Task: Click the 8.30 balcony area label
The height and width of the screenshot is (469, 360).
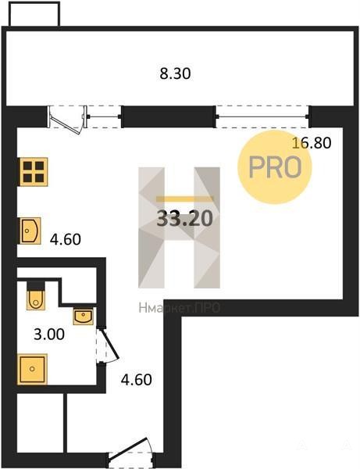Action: [175, 73]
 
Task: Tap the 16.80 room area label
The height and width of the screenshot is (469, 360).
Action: [312, 143]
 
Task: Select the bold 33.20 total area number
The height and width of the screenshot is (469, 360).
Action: [184, 218]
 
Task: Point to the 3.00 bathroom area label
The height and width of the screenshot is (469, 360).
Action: [49, 334]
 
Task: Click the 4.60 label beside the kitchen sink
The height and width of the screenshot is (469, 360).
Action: [66, 239]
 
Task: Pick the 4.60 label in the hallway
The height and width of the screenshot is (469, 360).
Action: [136, 380]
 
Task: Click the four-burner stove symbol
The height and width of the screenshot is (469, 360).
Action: [33, 172]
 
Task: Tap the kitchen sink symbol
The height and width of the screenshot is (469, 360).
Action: [30, 231]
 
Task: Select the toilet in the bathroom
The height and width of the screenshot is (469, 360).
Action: [36, 295]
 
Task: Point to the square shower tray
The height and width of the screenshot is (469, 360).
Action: [32, 369]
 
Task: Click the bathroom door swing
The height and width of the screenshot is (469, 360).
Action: [108, 345]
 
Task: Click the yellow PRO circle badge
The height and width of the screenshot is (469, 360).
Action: [275, 167]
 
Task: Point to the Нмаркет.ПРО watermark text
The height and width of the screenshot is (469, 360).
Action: [180, 308]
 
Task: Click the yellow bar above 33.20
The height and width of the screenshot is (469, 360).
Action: [184, 199]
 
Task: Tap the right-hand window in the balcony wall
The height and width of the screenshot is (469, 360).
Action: [262, 116]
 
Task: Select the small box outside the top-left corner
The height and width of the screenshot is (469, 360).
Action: [34, 14]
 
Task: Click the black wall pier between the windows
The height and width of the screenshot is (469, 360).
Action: [168, 116]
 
